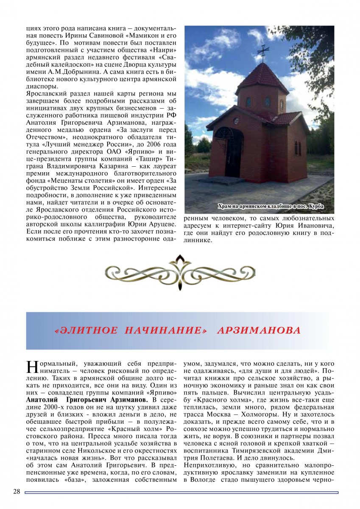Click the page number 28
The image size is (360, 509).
pyautogui.click(x=17, y=492)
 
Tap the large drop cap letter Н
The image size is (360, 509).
pyautogui.click(x=33, y=367)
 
